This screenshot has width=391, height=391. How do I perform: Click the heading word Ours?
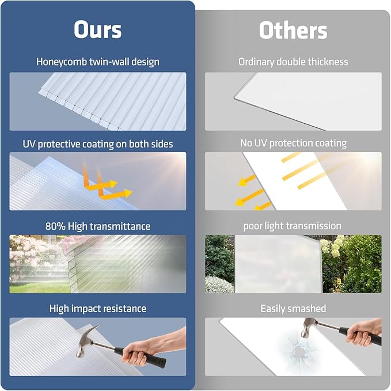97,30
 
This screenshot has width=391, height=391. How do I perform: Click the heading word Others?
293,30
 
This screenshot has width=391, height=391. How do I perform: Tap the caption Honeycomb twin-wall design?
97,61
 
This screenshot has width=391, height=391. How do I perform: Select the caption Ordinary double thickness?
293,61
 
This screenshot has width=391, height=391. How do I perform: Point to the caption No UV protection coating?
293,143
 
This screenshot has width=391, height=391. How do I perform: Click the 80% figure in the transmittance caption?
56,226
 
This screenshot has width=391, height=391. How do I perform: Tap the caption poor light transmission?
292,226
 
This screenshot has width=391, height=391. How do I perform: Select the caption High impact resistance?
97,309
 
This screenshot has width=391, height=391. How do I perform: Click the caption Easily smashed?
293,309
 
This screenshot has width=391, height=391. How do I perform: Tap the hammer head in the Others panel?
309,327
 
